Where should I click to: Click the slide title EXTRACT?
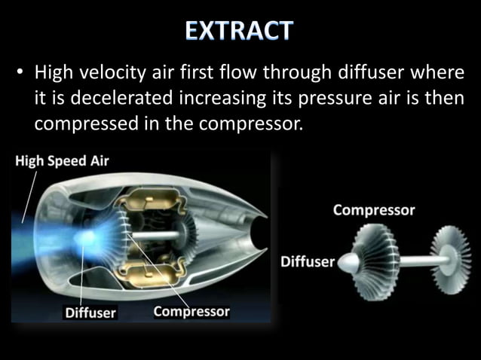pyautogui.click(x=240, y=32)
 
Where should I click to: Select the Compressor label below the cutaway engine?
pyautogui.click(x=191, y=311)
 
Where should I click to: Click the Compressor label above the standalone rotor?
pyautogui.click(x=374, y=210)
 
